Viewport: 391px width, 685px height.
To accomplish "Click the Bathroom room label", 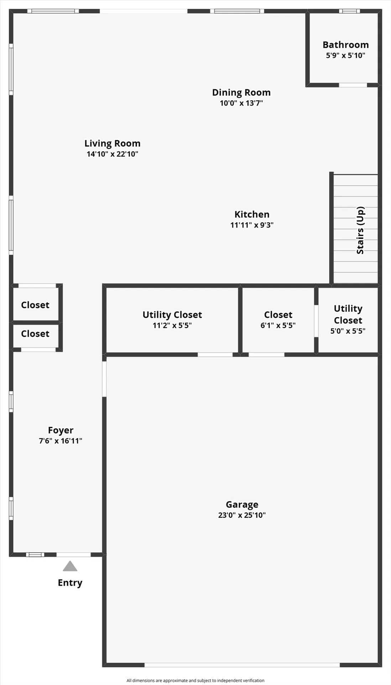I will pos(345,45).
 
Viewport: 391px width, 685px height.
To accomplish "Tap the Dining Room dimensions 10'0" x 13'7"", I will pos(241,103).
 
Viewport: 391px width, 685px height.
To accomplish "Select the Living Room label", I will pos(112,143).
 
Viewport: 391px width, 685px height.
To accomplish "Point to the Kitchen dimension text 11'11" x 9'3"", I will pos(252,225).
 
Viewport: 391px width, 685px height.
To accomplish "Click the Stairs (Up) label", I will pos(360,230).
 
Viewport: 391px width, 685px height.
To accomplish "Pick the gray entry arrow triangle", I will pos(70,566).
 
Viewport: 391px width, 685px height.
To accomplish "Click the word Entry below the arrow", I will pos(70,583).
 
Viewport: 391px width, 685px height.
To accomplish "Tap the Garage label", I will pos(242,504).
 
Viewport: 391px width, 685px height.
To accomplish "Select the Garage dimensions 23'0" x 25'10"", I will pos(242,515).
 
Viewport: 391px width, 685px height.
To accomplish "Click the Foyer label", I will pos(61,430).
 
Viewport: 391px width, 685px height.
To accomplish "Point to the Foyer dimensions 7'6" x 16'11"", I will pos(61,441).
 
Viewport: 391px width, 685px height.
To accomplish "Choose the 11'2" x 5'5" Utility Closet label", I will pos(172,315).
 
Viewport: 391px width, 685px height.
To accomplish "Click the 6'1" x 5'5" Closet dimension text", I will pos(278,325).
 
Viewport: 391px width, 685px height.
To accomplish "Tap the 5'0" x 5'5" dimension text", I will pos(348,331).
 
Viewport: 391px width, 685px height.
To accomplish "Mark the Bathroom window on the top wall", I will pos(349,11).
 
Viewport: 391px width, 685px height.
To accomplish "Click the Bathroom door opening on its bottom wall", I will pos(353,85).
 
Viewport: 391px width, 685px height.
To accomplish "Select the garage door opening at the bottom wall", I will pos(242,665).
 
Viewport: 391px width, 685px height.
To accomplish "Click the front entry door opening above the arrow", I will pos(74,554).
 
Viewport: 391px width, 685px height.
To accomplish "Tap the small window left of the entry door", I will pos(35,554).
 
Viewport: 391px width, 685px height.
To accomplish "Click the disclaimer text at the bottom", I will pos(195,680).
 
